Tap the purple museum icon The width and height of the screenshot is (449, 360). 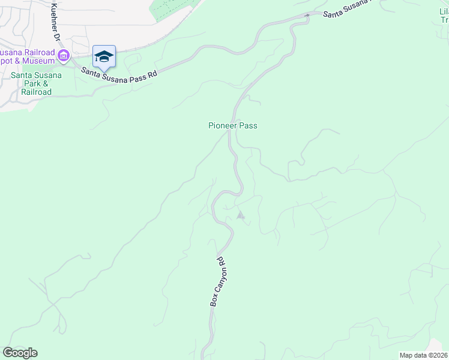pos(64,56)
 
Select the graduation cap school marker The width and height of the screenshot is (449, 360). pos(104,56)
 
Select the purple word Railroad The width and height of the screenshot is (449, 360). pos(41,53)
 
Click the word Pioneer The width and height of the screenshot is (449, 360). pos(223,125)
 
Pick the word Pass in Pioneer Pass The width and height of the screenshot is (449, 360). pos(249,125)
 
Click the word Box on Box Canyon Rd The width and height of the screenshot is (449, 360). pos(214,301)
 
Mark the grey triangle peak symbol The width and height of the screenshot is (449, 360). pos(241,215)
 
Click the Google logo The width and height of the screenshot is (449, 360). pos(20,353)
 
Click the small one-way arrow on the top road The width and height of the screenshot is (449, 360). pos(307,15)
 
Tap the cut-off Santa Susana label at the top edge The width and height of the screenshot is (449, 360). pos(346,11)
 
